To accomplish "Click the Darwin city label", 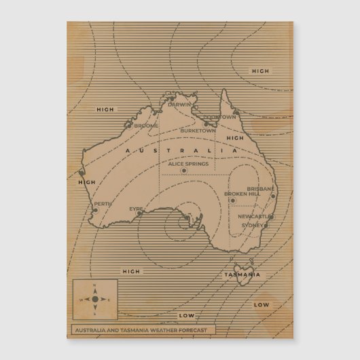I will click(x=181, y=105).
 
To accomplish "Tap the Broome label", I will click(x=146, y=126).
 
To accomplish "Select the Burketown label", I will click(x=196, y=130).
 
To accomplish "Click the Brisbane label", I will click(x=260, y=188).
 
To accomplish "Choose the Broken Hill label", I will click(x=242, y=194).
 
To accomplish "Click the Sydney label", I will click(x=252, y=225).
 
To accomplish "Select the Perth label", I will click(x=103, y=204).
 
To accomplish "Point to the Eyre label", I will click(x=136, y=209).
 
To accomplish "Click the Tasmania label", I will click(x=241, y=274).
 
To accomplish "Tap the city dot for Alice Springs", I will click(x=183, y=170).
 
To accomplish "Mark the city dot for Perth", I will click(x=95, y=210).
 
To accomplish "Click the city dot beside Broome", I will click(x=130, y=125).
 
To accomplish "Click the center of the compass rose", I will click(x=94, y=299).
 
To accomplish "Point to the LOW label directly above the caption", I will click(x=186, y=316).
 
